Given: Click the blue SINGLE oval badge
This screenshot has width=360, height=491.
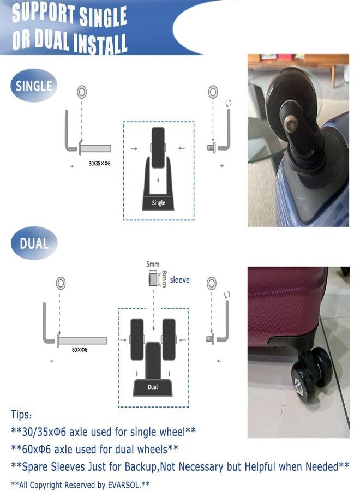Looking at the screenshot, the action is pyautogui.click(x=34, y=86).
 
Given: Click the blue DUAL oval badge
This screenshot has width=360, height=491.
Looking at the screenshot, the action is pyautogui.click(x=34, y=243).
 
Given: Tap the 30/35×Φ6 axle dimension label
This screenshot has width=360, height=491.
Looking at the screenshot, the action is pyautogui.click(x=100, y=163).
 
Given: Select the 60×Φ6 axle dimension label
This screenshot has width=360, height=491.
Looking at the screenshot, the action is pyautogui.click(x=80, y=350).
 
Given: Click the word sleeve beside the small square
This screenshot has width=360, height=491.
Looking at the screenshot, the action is pyautogui.click(x=179, y=280).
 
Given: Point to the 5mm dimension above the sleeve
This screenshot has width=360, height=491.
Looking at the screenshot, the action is pyautogui.click(x=153, y=264).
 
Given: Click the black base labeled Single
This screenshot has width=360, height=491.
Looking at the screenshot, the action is pyautogui.click(x=158, y=203).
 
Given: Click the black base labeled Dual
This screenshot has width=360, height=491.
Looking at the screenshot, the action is pyautogui.click(x=153, y=387).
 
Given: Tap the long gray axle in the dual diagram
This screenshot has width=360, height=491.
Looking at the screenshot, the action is pyautogui.click(x=82, y=340).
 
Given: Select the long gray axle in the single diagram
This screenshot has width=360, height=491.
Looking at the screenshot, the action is pyautogui.click(x=95, y=148).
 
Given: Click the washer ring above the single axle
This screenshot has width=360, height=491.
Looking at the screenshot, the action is pyautogui.click(x=82, y=92).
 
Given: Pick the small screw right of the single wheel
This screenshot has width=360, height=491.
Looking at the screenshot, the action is pyautogui.click(x=212, y=147).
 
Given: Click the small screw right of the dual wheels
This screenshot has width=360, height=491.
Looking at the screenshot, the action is pyautogui.click(x=211, y=339).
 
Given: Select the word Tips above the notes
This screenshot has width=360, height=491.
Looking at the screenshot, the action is pyautogui.click(x=21, y=415).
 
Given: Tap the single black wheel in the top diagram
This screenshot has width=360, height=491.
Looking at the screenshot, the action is pyautogui.click(x=158, y=147).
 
